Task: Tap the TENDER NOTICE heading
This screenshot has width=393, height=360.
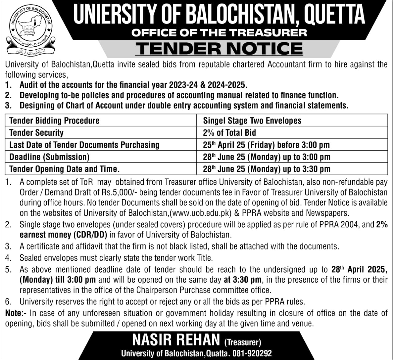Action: pyautogui.click(x=219, y=48)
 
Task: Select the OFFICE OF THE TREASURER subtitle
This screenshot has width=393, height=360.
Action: pyautogui.click(x=219, y=33)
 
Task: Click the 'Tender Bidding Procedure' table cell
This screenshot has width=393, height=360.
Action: pyautogui.click(x=54, y=121)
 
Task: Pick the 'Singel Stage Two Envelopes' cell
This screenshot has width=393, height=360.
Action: pyautogui.click(x=252, y=121)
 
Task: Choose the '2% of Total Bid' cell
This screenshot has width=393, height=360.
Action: pyautogui.click(x=229, y=133)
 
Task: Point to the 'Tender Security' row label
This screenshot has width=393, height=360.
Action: pyautogui.click(x=37, y=133)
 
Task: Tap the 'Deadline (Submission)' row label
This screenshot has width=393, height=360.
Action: pyautogui.click(x=49, y=157)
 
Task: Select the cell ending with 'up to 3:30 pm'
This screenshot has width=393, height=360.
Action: pyautogui.click(x=267, y=169)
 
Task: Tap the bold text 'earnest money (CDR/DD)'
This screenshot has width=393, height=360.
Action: pyautogui.click(x=63, y=235)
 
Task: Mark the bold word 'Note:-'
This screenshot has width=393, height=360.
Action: pyautogui.click(x=16, y=313)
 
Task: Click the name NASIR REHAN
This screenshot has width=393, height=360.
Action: pyautogui.click(x=176, y=340)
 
